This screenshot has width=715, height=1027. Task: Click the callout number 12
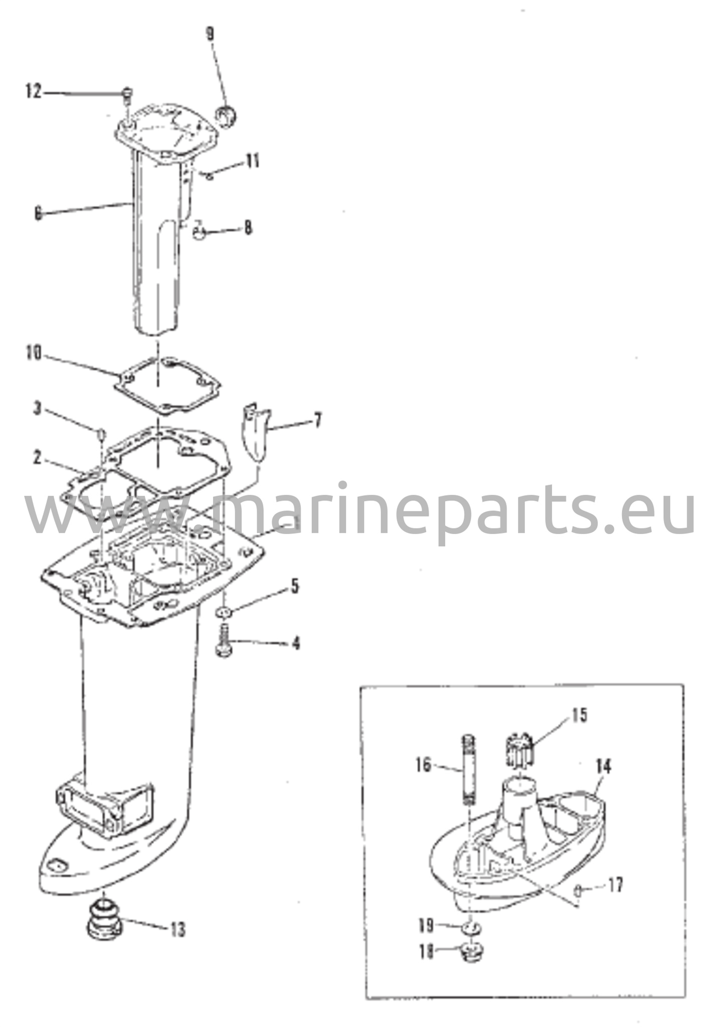click(34, 92)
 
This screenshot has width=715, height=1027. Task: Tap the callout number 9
click(210, 34)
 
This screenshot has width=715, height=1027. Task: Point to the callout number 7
click(317, 420)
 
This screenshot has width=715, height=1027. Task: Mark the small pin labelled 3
click(101, 432)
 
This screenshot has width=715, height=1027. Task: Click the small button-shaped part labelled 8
click(200, 233)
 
